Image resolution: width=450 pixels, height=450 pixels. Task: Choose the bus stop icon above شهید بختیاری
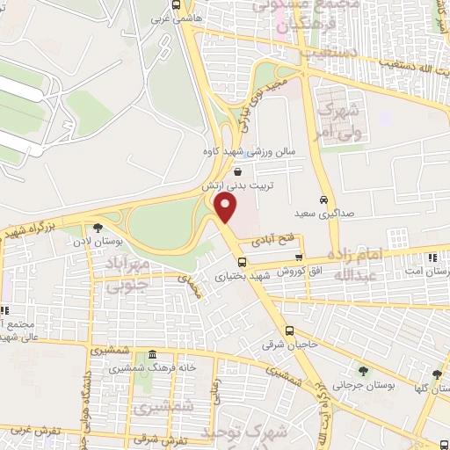[x=241, y=261]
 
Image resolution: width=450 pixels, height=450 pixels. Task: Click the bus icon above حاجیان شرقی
[x=291, y=331]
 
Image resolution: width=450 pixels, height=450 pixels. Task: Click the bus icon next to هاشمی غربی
[x=178, y=4]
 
